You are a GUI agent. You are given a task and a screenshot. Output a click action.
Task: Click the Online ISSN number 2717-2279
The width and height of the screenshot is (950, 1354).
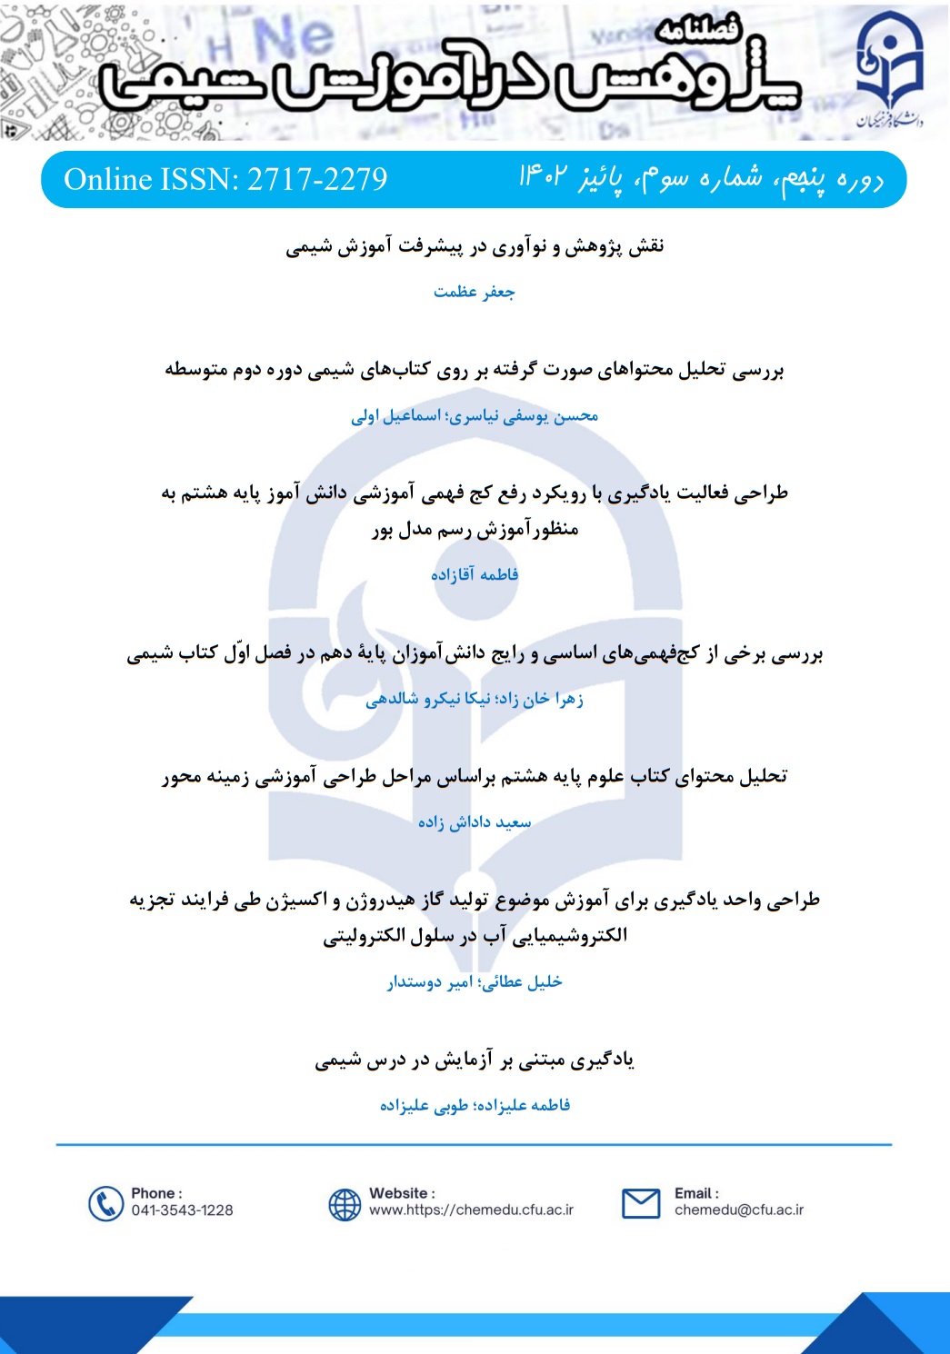(x=317, y=179)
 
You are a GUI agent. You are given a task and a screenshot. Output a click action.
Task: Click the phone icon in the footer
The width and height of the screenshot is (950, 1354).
(x=105, y=1203)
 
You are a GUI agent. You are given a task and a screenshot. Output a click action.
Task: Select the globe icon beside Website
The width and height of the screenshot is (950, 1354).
(x=345, y=1204)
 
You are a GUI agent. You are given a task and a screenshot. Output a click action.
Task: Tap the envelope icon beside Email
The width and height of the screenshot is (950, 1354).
(x=641, y=1203)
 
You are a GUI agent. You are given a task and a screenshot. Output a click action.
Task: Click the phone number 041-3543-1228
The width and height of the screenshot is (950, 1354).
(x=182, y=1210)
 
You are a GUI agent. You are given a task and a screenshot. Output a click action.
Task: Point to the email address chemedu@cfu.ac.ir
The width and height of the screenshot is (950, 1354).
(x=738, y=1210)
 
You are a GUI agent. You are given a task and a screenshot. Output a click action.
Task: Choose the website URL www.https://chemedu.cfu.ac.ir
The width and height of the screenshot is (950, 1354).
(x=471, y=1210)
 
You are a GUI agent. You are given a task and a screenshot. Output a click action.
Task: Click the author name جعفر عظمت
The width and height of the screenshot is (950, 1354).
(x=474, y=292)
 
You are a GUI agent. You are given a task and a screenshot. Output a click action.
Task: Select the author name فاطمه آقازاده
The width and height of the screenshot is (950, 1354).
(x=475, y=574)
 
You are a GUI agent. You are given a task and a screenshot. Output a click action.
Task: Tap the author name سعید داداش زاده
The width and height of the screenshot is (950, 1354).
(x=475, y=822)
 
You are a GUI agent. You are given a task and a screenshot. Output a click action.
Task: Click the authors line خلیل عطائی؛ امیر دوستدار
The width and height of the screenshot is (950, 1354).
(x=475, y=981)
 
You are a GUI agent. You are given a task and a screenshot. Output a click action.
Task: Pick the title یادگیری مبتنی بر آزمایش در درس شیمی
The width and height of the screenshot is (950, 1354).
(x=475, y=1060)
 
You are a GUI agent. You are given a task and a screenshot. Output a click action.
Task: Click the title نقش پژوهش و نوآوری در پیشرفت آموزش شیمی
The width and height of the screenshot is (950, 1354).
(x=475, y=246)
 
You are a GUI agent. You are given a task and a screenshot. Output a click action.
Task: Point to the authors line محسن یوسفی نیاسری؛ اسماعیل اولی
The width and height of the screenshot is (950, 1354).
(x=475, y=416)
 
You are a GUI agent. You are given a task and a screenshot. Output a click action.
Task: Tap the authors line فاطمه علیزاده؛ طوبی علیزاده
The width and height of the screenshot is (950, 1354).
(x=475, y=1105)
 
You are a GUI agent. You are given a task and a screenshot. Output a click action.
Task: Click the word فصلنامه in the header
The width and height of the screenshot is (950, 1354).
(x=698, y=30)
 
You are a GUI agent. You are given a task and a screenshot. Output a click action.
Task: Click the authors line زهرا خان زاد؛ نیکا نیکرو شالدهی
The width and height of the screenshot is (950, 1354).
(x=475, y=699)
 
